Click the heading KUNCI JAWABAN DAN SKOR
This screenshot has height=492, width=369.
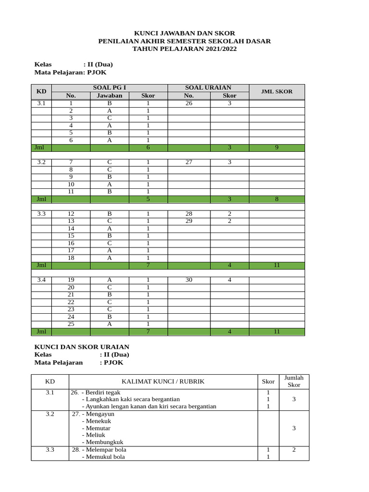click(x=184, y=33)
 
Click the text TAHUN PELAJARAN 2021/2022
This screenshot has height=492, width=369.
click(x=184, y=49)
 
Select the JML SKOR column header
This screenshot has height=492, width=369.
click(x=276, y=91)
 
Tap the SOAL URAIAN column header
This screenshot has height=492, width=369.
click(x=208, y=87)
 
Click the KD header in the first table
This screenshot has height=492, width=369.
click(x=41, y=91)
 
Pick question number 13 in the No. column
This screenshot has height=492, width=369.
click(x=71, y=221)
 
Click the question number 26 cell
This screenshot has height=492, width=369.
click(x=189, y=103)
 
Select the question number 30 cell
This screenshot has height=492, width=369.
click(x=189, y=280)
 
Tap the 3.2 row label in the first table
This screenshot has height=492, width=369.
click(x=41, y=162)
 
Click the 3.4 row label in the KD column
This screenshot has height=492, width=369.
click(x=41, y=280)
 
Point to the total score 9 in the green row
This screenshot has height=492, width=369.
click(x=276, y=148)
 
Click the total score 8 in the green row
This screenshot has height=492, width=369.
click(x=276, y=199)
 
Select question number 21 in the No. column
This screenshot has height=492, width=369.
click(x=71, y=295)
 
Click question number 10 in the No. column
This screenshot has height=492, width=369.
click(x=71, y=184)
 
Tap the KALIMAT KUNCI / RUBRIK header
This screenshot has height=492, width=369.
click(x=163, y=381)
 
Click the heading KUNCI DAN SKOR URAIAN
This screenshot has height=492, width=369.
click(x=82, y=347)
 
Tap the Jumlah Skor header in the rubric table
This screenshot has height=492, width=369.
click(x=294, y=381)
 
